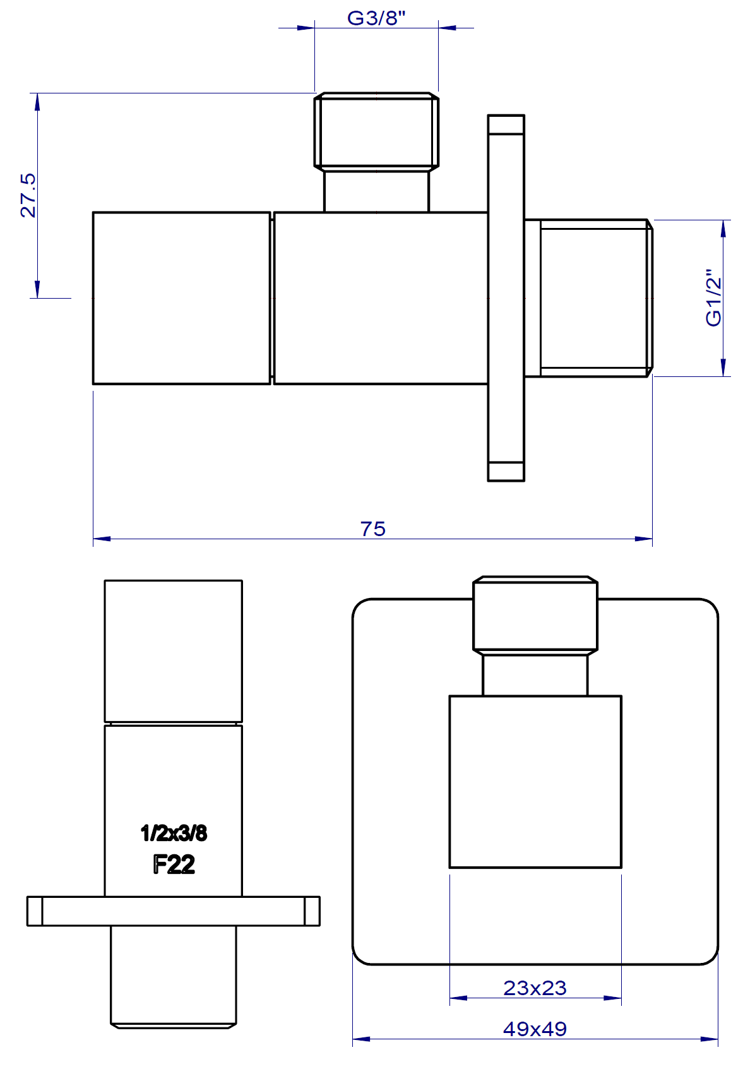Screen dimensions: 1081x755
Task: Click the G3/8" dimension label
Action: coord(376,18)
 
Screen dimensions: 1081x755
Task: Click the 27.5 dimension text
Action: coord(28,196)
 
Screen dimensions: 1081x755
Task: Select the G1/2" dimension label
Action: coord(713,298)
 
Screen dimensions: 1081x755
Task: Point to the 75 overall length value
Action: coord(372,529)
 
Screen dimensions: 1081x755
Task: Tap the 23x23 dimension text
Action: coord(535,988)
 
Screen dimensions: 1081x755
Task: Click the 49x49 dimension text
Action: coord(535,1029)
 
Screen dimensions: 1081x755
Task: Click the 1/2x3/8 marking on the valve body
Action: coord(174,833)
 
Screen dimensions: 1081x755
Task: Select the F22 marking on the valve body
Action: coord(174,864)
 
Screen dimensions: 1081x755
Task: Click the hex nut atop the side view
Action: coord(376,131)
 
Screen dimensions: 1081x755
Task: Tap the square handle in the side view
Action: coord(181,298)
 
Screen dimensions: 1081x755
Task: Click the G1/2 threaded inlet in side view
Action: coord(593,298)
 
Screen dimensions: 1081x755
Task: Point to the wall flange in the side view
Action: coord(506,298)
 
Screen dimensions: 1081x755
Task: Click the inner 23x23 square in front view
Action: coord(535,782)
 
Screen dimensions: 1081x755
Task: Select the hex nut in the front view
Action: coord(535,614)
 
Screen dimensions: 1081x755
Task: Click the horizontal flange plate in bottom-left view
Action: coord(173,911)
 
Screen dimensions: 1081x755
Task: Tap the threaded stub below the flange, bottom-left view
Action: coord(173,976)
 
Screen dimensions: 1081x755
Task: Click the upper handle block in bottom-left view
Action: coord(173,650)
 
